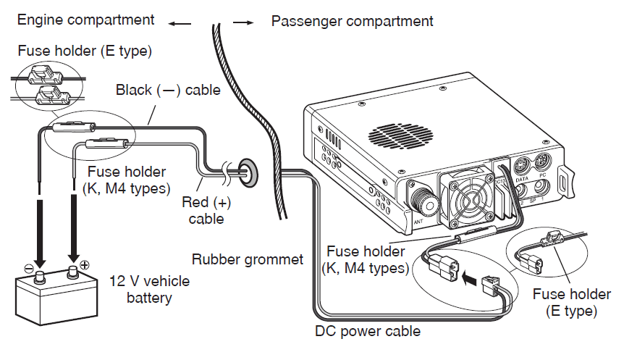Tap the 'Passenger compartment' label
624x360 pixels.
[352, 20]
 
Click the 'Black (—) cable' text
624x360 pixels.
[168, 91]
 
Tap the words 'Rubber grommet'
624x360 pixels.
[248, 259]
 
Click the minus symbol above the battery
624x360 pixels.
[29, 267]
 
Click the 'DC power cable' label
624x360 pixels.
[368, 332]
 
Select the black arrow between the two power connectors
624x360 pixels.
[470, 276]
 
